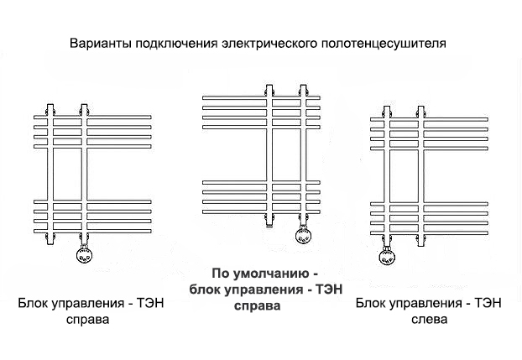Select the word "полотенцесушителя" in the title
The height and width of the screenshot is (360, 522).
click(384, 44)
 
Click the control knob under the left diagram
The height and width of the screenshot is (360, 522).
click(84, 255)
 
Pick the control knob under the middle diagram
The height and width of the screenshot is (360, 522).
click(304, 235)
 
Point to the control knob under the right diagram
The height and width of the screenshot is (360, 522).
click(387, 257)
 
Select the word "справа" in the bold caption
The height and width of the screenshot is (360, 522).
click(258, 305)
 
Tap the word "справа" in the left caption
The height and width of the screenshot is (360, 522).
click(87, 320)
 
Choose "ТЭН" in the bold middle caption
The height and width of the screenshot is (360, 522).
click(329, 289)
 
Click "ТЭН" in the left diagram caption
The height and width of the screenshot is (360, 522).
click(151, 303)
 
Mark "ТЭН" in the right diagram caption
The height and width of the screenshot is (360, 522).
click(488, 303)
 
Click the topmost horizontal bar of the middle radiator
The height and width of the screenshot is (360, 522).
click(261, 98)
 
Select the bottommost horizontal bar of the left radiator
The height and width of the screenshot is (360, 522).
click(92, 231)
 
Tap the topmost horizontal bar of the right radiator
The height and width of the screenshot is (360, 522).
click(429, 119)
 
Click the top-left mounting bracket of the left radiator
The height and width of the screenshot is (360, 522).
click(50, 110)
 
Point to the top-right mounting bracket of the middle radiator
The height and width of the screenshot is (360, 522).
click(303, 91)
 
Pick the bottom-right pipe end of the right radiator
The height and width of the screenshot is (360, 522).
click(420, 241)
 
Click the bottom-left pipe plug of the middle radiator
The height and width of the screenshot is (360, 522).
click(269, 220)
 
